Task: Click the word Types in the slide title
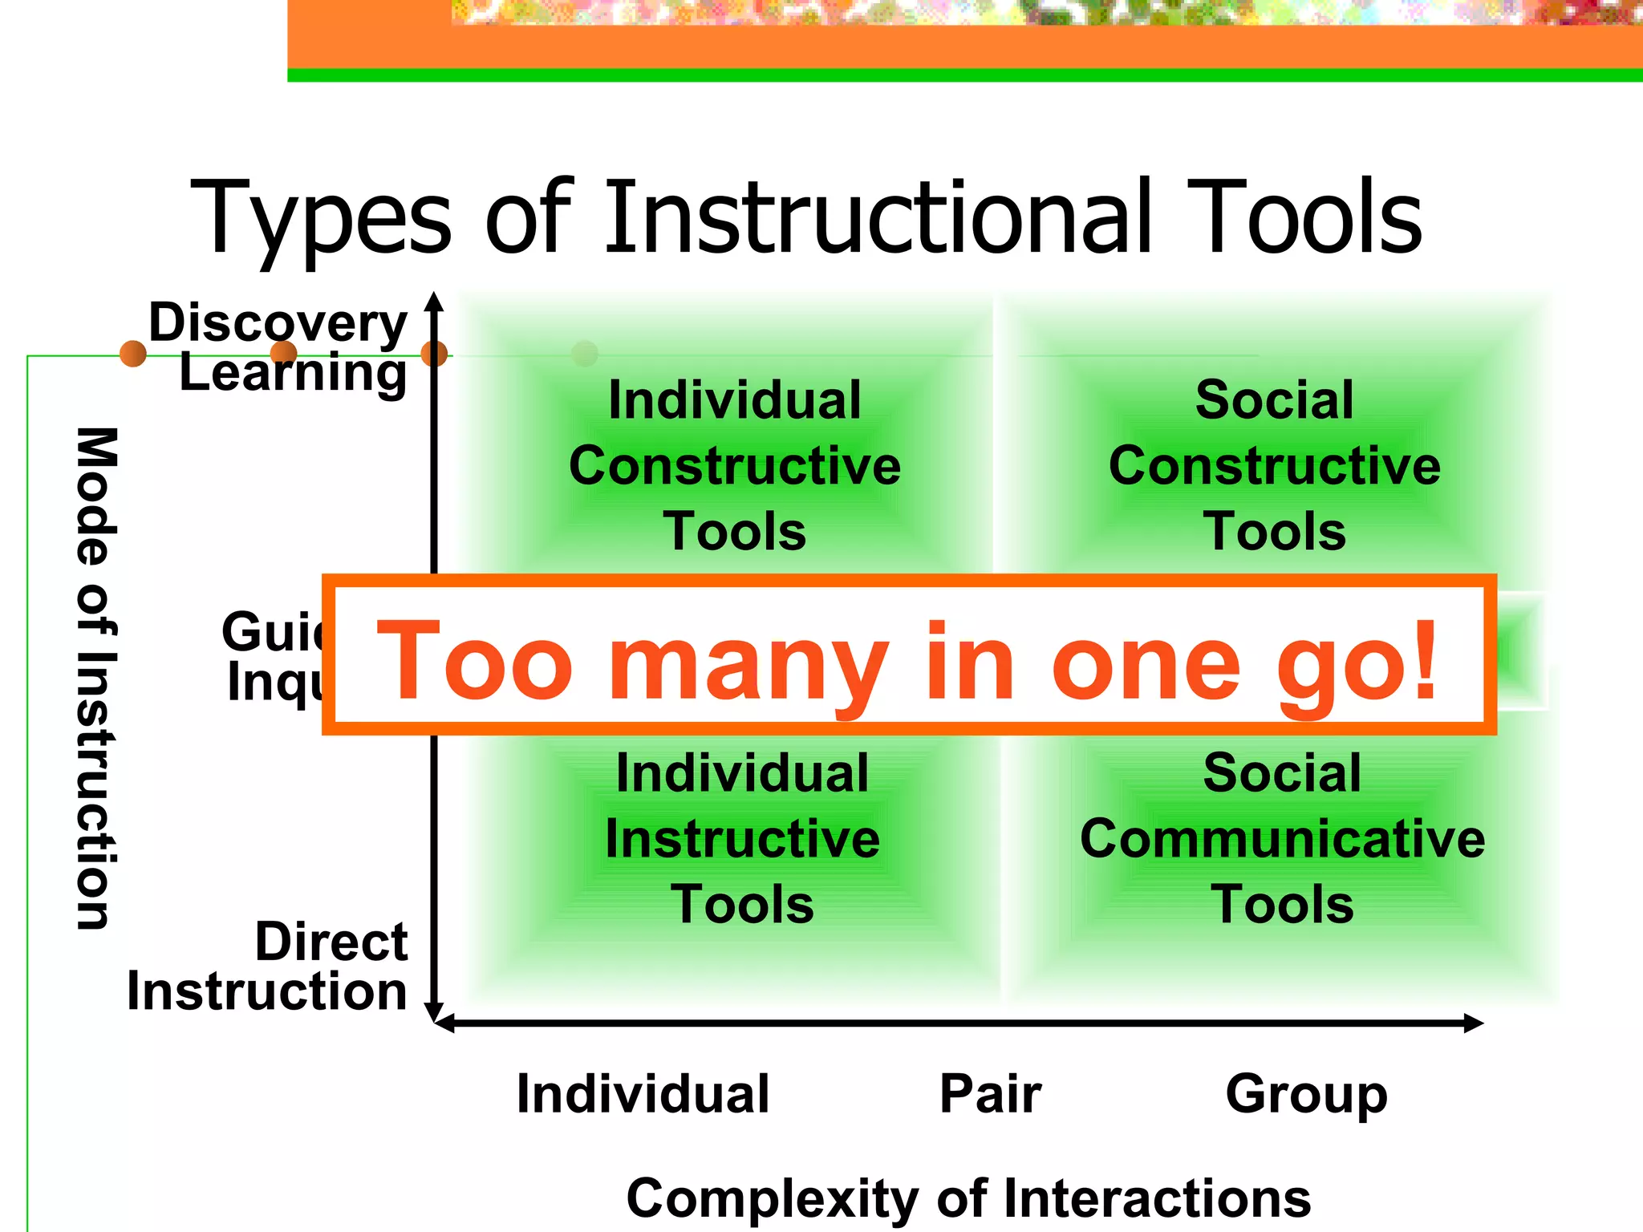[322, 218]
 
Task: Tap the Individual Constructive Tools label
[734, 465]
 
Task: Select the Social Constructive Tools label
[1274, 465]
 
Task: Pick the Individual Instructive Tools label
[742, 838]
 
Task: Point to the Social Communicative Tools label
[1282, 838]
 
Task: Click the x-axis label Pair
[990, 1094]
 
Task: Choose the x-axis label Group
[1306, 1094]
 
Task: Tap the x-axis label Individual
[643, 1094]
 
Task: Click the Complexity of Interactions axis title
[968, 1198]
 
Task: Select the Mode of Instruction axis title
[96, 678]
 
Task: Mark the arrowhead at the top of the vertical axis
[434, 301]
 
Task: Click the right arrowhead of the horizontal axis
[1475, 1023]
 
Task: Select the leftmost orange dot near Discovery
[133, 353]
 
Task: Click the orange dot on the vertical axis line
[434, 353]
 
